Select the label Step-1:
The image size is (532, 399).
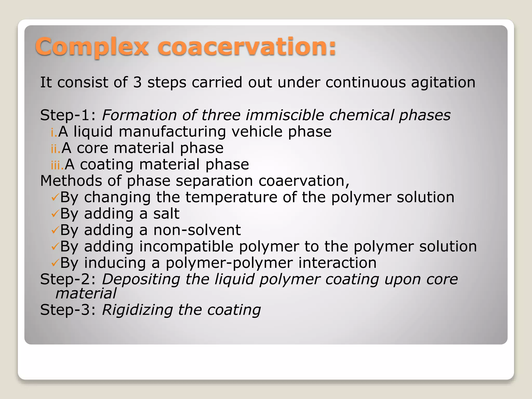click(68, 115)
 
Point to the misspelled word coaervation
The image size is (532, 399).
click(304, 181)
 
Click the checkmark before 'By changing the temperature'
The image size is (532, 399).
click(55, 198)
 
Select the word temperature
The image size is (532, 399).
click(231, 198)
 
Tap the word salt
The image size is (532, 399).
click(166, 214)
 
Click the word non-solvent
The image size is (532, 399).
click(197, 230)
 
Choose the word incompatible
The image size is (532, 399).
click(186, 247)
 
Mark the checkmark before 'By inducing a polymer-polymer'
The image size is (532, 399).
click(55, 263)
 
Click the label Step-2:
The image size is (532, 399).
click(68, 279)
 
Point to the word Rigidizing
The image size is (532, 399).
click(137, 310)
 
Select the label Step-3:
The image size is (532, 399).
click(68, 310)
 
